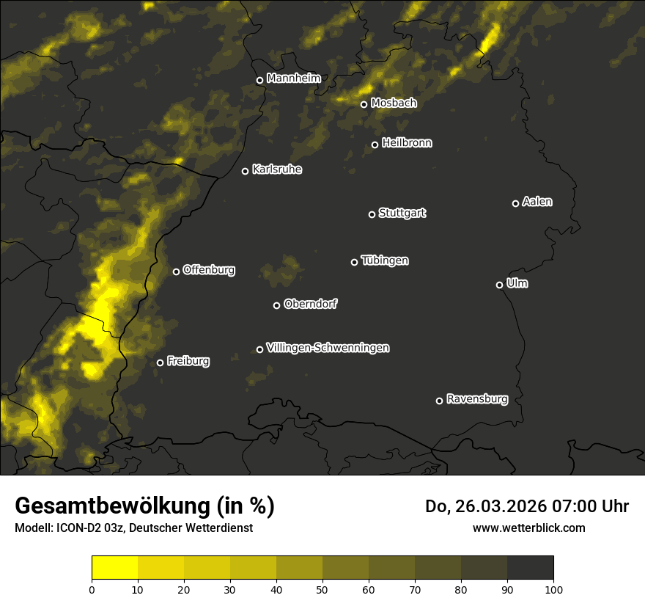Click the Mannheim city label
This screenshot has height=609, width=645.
(293, 78)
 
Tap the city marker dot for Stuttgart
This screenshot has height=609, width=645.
(372, 214)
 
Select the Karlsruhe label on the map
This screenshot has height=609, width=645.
(276, 169)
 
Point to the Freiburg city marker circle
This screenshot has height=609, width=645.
(160, 362)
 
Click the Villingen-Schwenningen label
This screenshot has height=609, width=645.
(328, 348)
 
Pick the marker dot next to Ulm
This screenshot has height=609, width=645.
(499, 285)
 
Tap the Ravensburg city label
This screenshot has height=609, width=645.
(476, 399)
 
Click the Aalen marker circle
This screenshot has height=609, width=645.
(515, 203)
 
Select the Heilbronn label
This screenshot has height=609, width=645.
(407, 143)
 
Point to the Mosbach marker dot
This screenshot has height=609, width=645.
(364, 104)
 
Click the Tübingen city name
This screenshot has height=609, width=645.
(385, 260)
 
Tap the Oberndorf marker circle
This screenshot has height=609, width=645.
(276, 305)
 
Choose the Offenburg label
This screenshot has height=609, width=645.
(209, 270)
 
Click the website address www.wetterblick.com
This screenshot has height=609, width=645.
(528, 528)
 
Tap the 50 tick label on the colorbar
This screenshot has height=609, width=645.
(322, 589)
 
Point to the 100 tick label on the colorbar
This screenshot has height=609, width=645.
(553, 589)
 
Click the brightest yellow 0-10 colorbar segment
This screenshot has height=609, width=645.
(114, 568)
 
